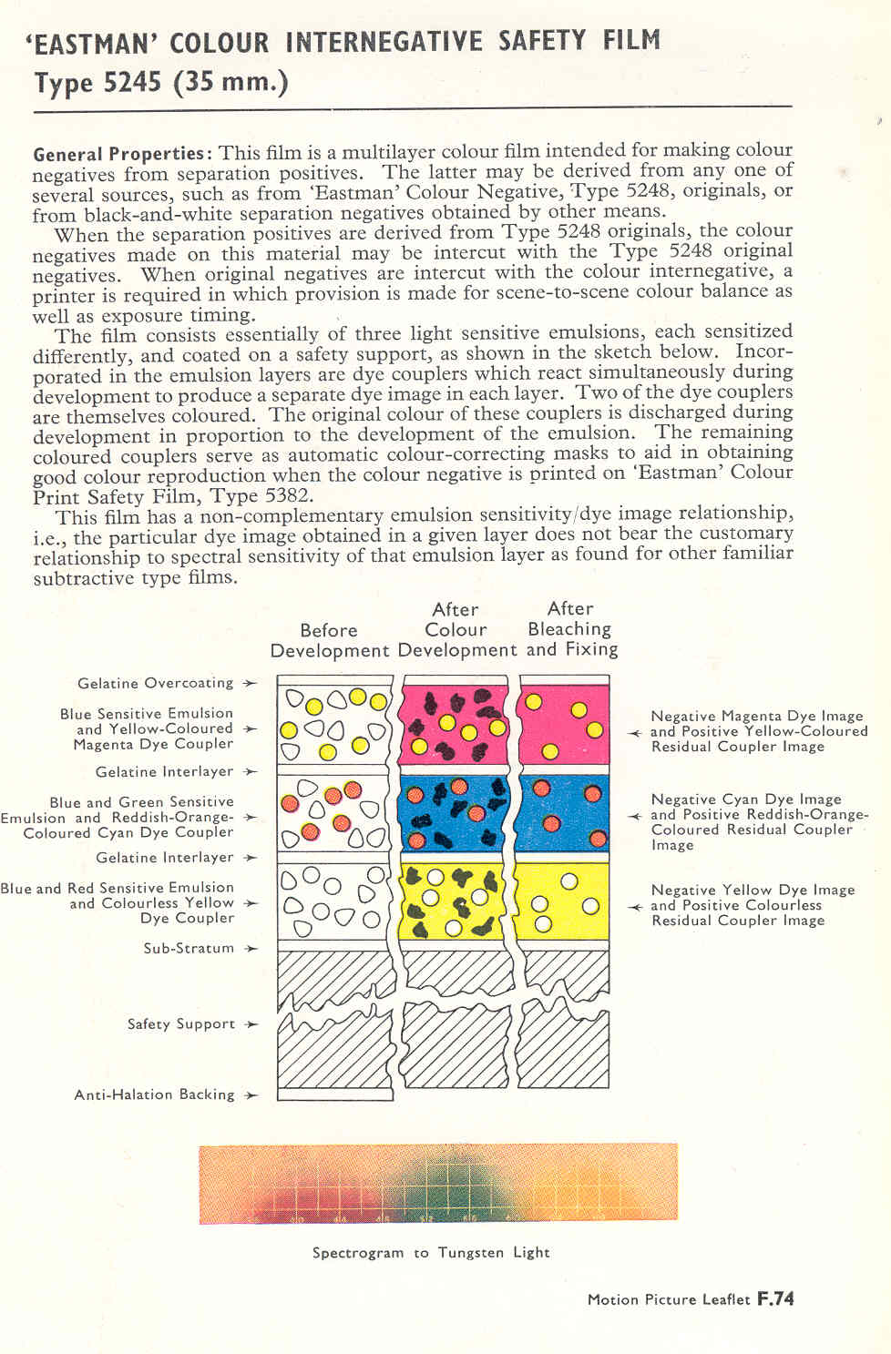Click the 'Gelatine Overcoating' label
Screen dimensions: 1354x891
155,683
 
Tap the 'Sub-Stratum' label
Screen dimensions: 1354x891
189,948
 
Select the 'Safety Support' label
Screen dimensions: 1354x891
181,1023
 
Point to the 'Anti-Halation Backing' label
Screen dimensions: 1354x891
154,1094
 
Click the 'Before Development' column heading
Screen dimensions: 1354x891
329,640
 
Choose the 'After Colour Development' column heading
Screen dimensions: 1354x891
456,629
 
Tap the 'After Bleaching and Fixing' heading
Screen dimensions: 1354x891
572,628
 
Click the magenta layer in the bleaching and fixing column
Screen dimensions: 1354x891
563,724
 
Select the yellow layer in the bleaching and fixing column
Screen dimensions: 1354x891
563,901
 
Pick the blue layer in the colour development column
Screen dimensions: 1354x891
452,813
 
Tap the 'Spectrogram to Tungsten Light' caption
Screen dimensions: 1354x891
431,1253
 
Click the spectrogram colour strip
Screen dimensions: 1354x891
438,1184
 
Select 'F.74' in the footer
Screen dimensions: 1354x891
775,1299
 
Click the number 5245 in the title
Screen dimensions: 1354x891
132,83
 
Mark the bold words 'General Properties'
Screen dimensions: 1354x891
119,153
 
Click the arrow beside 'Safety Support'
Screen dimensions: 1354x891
251,1024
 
